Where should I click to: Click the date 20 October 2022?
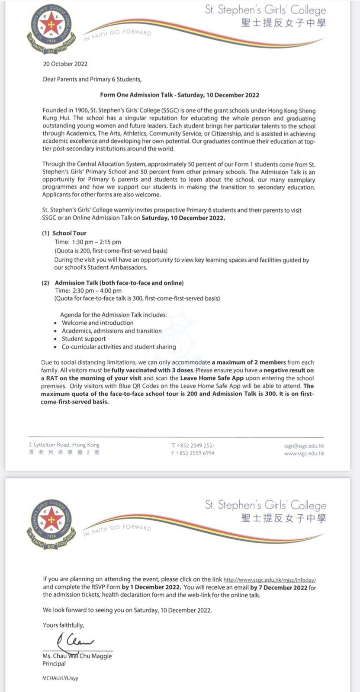[x=65, y=64]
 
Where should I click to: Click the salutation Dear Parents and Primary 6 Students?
[x=92, y=79]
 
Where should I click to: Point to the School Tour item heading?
[x=69, y=233]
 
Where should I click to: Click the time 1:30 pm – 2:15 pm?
[x=88, y=242]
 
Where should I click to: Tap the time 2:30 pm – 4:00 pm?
[x=88, y=291]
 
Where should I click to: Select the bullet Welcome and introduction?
[x=97, y=323]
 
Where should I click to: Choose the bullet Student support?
[x=84, y=339]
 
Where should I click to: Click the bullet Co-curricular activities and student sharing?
[x=119, y=347]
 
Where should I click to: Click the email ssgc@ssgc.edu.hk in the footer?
[x=304, y=445]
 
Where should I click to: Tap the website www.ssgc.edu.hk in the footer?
[x=304, y=453]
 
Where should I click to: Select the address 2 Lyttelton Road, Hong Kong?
[x=64, y=445]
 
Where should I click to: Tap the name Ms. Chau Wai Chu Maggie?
[x=77, y=656]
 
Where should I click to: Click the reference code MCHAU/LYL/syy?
[x=60, y=678]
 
